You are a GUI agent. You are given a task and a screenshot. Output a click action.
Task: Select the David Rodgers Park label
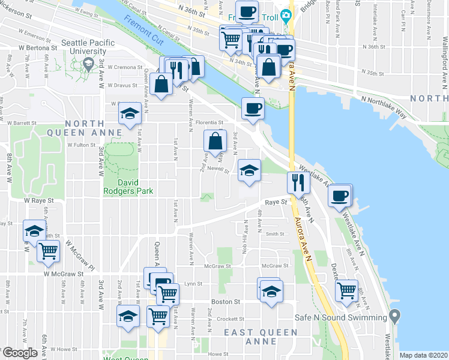click(128, 186)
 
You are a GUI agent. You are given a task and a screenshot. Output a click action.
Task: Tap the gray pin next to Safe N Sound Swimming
click(394, 315)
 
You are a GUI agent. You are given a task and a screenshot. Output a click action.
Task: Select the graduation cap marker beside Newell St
click(249, 170)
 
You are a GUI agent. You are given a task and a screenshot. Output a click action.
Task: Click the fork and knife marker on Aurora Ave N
click(298, 182)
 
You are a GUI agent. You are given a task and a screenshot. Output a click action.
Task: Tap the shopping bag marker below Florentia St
click(215, 142)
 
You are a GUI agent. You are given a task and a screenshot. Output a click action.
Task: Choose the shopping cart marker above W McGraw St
click(48, 251)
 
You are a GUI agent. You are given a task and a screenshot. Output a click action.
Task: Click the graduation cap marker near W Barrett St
click(128, 114)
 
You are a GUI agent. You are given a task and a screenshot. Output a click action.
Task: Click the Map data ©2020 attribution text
click(423, 355)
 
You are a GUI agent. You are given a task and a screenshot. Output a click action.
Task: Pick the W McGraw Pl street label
click(80, 254)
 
